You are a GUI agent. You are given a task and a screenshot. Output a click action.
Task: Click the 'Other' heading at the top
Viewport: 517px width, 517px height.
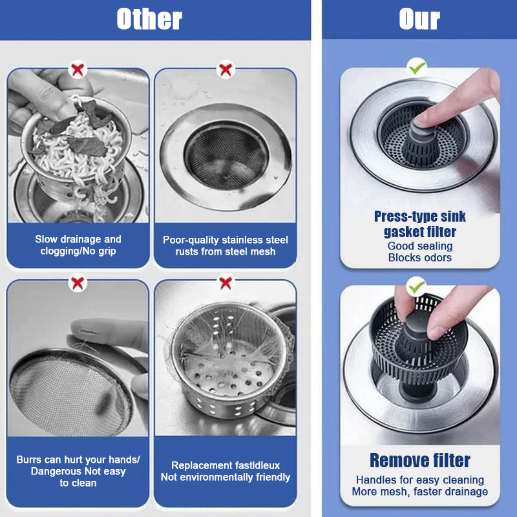(x=149, y=19)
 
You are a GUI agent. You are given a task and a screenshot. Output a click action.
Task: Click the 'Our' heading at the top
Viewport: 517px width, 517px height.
(x=419, y=19)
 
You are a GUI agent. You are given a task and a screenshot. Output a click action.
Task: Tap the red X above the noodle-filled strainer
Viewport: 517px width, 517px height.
(x=78, y=69)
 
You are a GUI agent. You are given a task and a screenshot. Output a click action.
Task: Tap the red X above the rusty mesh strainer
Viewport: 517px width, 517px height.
(x=226, y=69)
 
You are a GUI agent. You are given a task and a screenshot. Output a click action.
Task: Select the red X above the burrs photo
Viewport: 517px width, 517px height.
(x=78, y=282)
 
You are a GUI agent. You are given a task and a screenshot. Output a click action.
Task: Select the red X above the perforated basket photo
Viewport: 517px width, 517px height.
(x=226, y=282)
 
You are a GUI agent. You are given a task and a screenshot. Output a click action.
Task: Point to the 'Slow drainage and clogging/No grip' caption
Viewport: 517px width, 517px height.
(x=78, y=245)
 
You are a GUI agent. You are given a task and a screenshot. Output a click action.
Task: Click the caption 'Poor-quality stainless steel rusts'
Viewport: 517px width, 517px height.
(x=226, y=246)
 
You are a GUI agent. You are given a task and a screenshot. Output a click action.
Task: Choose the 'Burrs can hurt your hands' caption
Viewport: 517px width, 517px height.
(x=78, y=459)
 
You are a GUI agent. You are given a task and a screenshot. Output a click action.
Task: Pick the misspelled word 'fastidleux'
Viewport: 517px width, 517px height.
(x=255, y=465)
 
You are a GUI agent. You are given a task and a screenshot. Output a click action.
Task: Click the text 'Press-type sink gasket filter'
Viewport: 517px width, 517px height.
(x=419, y=224)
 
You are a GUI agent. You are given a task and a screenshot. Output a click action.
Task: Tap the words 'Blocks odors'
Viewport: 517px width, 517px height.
(x=419, y=257)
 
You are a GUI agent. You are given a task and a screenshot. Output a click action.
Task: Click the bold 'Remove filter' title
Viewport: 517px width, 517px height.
(x=419, y=461)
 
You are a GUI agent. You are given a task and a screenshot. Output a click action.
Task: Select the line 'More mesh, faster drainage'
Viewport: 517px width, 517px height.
(x=419, y=492)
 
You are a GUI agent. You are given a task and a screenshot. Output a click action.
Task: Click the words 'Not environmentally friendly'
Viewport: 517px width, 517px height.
(x=226, y=478)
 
